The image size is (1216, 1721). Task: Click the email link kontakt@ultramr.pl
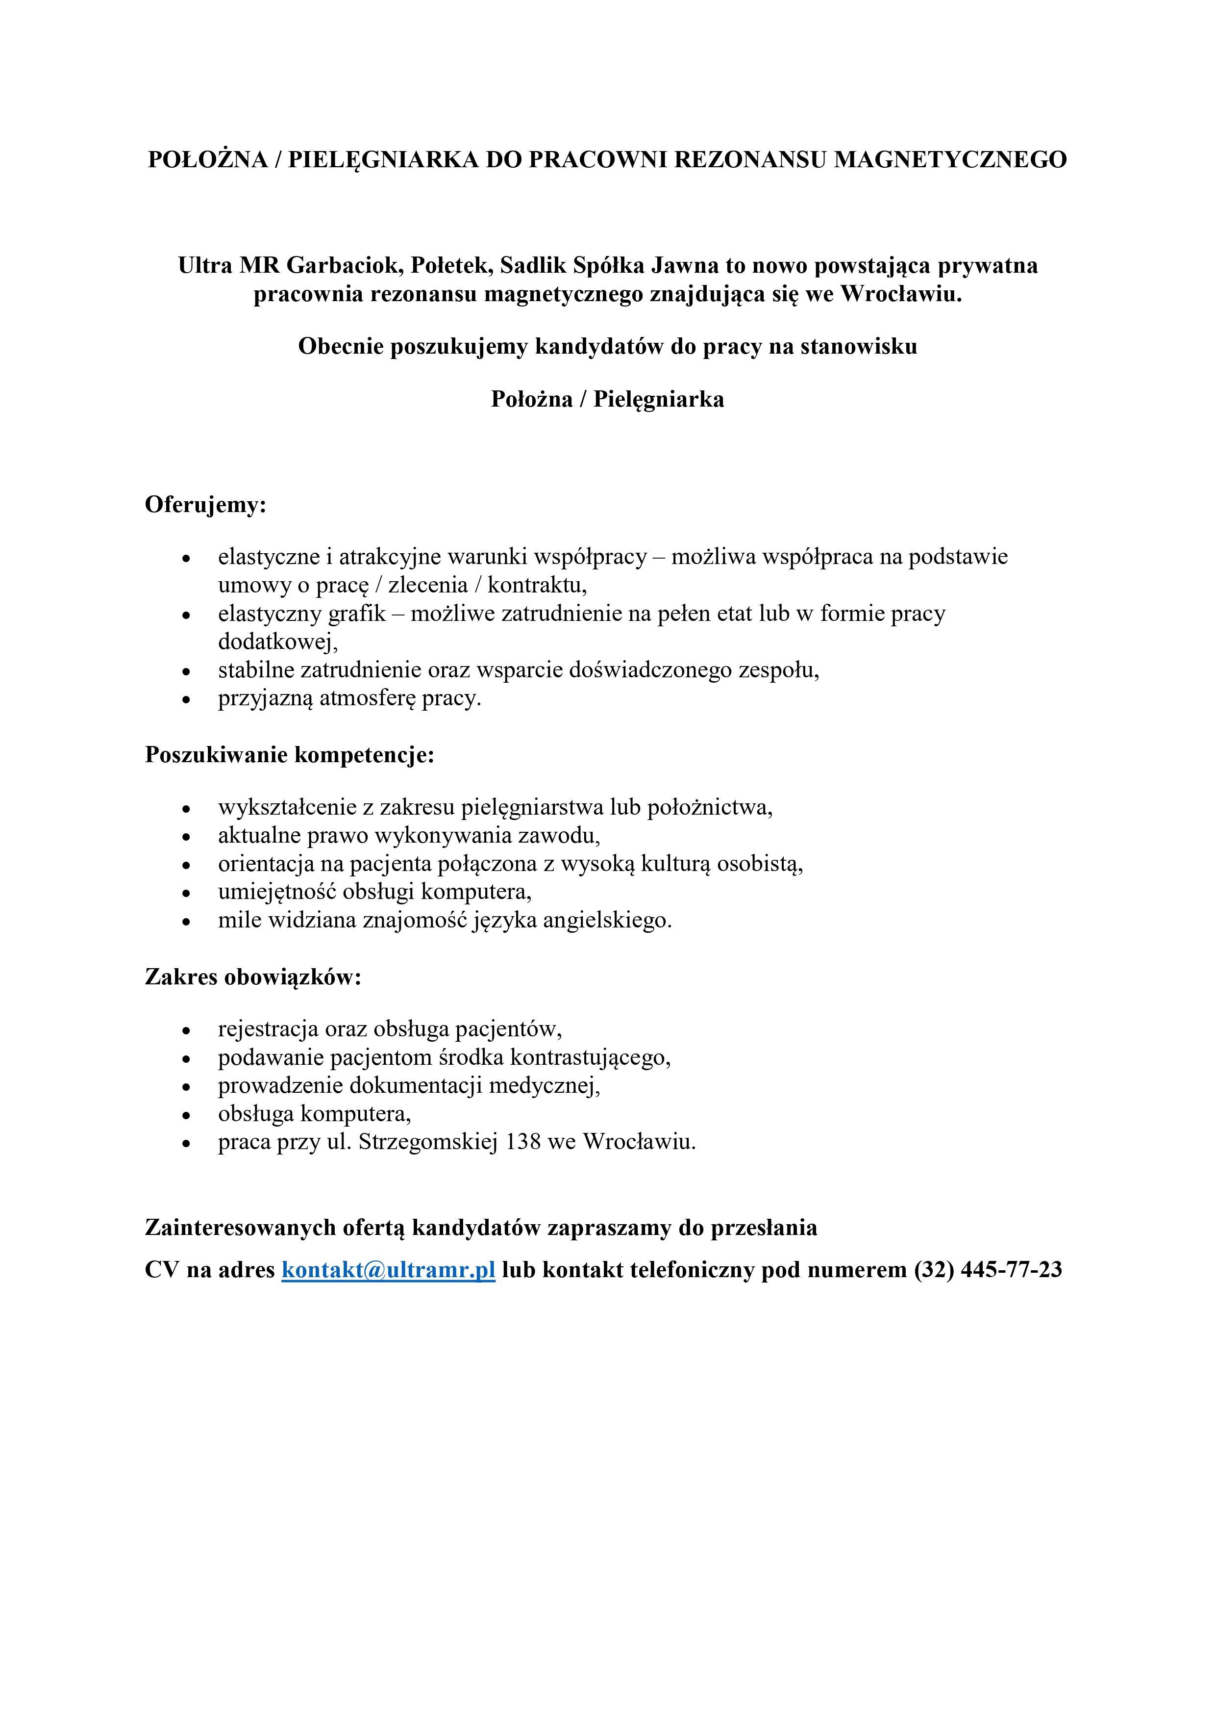pyautogui.click(x=388, y=1270)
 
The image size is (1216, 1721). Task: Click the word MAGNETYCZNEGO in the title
pyautogui.click(x=950, y=160)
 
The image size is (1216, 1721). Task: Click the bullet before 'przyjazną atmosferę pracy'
pyautogui.click(x=187, y=700)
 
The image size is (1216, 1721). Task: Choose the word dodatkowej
pyautogui.click(x=277, y=642)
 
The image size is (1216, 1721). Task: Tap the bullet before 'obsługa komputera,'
pyautogui.click(x=187, y=1115)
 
